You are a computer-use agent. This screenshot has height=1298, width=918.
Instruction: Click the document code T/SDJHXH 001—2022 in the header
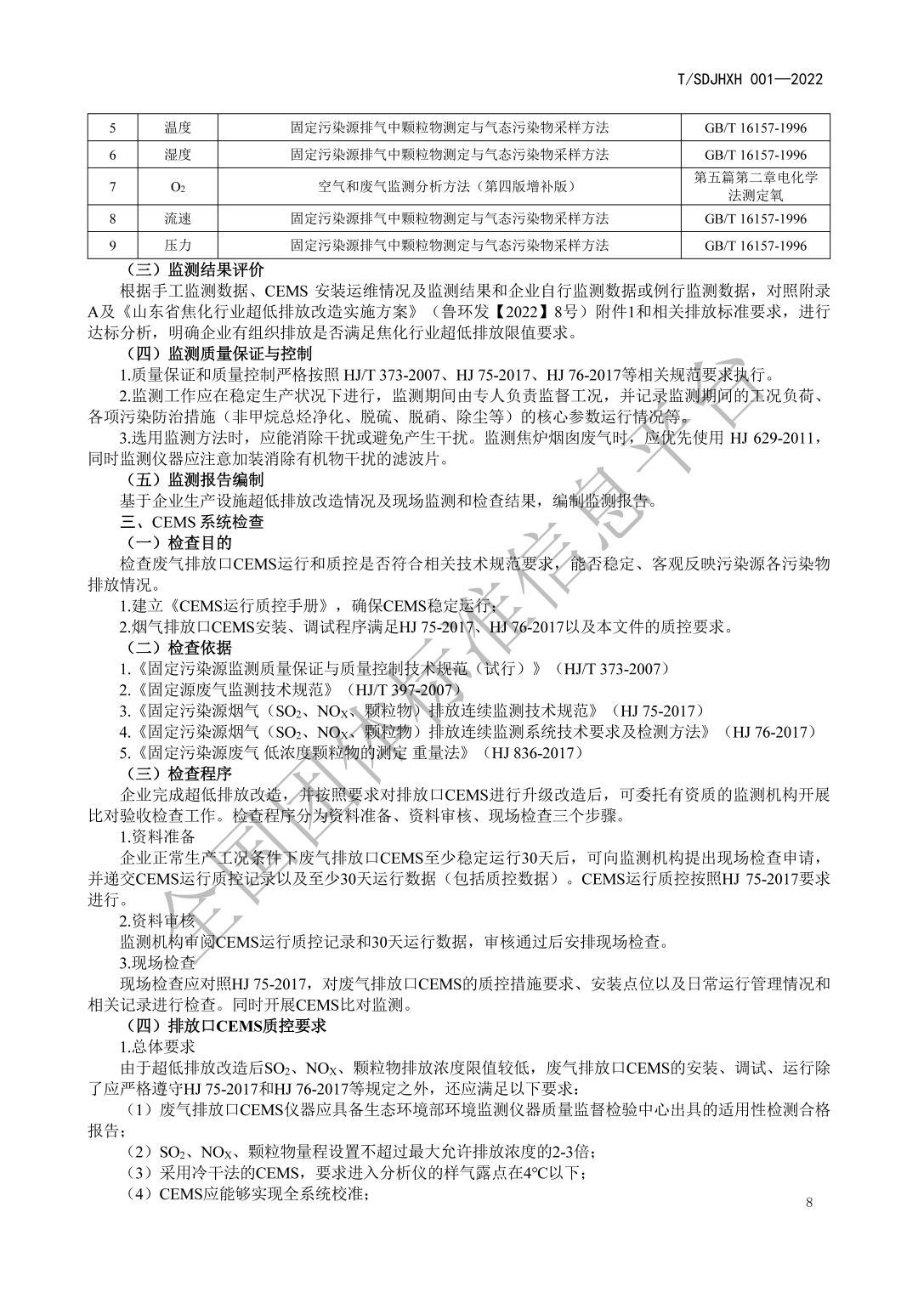(x=751, y=80)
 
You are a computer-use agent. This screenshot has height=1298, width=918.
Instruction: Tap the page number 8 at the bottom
(x=808, y=1202)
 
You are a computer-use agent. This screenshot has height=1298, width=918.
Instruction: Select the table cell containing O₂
(x=178, y=187)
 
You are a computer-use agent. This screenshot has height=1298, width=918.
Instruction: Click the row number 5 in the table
(x=113, y=128)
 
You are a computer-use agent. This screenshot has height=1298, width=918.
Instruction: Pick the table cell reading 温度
(x=178, y=128)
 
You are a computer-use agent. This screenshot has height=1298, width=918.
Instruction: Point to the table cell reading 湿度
(x=178, y=155)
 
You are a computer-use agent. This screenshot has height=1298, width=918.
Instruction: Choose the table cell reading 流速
(x=178, y=219)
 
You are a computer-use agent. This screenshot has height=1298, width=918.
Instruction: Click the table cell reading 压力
(x=178, y=246)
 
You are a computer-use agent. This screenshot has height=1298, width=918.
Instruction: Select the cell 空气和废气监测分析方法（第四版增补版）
(x=450, y=187)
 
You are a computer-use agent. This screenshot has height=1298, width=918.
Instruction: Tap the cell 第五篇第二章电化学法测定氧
(x=756, y=187)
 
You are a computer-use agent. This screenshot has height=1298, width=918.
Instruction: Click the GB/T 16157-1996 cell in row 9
(x=756, y=246)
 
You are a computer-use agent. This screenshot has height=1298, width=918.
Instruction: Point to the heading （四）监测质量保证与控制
(x=218, y=353)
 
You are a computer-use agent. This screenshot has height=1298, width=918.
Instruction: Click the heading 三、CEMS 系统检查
(x=191, y=521)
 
